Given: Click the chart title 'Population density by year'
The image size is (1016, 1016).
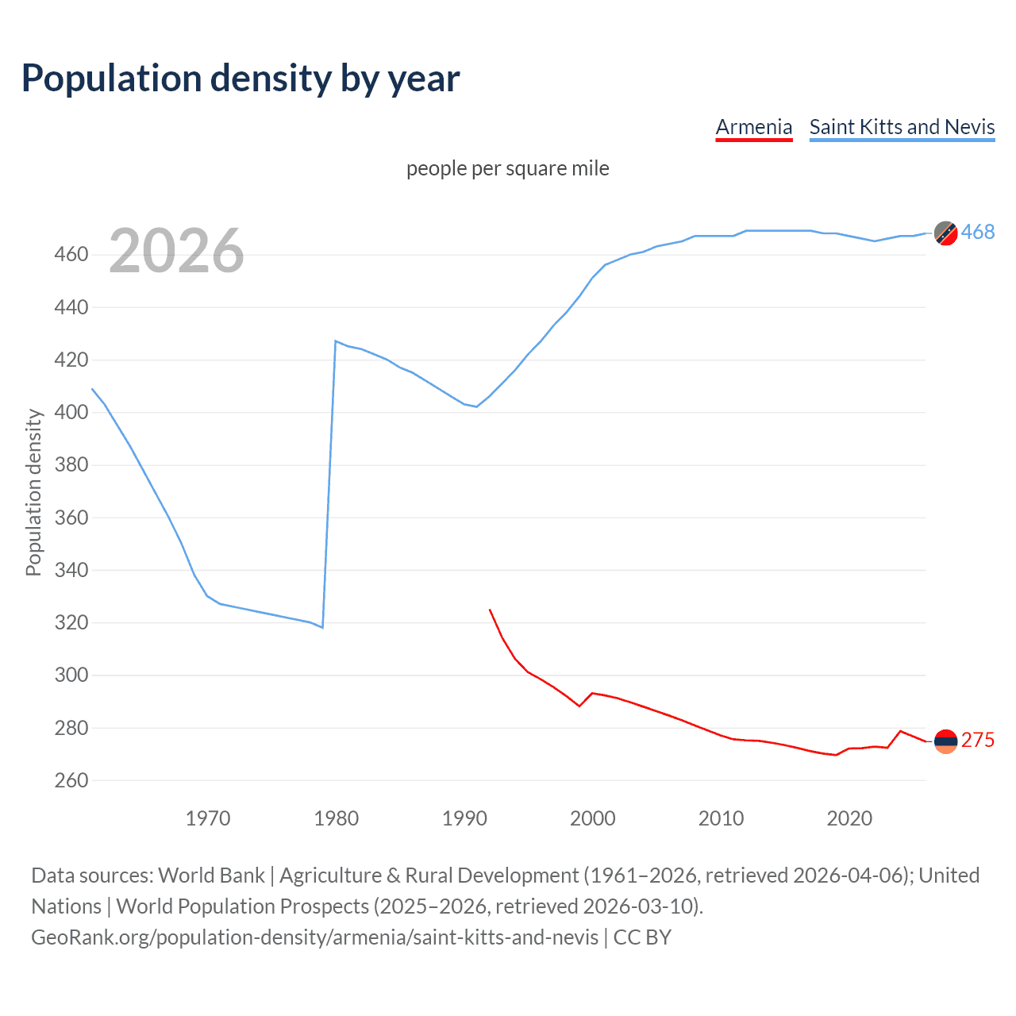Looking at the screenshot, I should tap(241, 78).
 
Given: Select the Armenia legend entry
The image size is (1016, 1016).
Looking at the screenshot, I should tap(753, 127).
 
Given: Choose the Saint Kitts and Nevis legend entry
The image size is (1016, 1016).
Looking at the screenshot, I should tap(902, 127).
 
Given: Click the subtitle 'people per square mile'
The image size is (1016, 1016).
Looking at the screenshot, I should tap(507, 168).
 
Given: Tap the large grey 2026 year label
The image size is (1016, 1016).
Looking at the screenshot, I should tap(176, 251).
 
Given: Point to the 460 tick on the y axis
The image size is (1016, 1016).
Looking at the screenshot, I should tap(71, 255).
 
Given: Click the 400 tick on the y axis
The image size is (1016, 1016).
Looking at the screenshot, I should tap(71, 413).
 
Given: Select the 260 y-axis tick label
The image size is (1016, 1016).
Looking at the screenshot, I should tap(71, 780).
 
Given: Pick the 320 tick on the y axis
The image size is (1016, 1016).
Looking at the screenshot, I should tap(71, 623).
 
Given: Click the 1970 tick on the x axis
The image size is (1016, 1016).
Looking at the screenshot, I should tap(208, 818).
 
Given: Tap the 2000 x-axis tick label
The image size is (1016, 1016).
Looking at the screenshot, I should tap(592, 818).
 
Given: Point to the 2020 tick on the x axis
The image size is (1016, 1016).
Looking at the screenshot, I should tap(849, 818).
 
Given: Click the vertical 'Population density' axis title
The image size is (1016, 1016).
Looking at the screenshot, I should tap(33, 492).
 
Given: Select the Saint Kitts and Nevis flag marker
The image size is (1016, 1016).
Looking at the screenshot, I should tap(945, 233).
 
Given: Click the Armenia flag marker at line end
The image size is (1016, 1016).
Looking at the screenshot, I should tap(945, 741).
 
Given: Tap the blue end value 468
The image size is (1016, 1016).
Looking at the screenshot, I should tap(978, 232).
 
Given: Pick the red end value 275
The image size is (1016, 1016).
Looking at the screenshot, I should tap(978, 740).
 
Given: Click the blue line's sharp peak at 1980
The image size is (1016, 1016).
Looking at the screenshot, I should tap(336, 341).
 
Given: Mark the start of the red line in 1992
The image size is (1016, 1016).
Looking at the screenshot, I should tap(490, 610).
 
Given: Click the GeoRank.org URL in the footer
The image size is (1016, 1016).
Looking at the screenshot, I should tap(314, 937).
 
